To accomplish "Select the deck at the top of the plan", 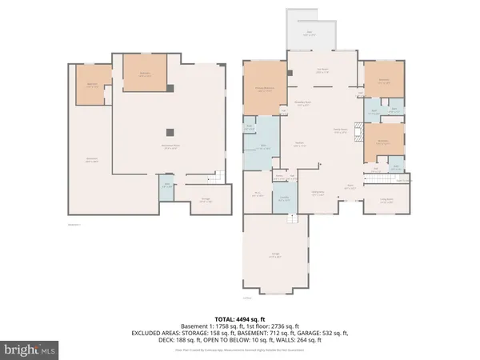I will [x=308, y=34].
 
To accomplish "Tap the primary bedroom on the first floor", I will [x=264, y=90].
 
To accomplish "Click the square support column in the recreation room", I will [x=169, y=133].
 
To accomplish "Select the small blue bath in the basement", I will [x=166, y=186].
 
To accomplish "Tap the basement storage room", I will [x=206, y=200].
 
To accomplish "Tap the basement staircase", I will [x=214, y=178].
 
